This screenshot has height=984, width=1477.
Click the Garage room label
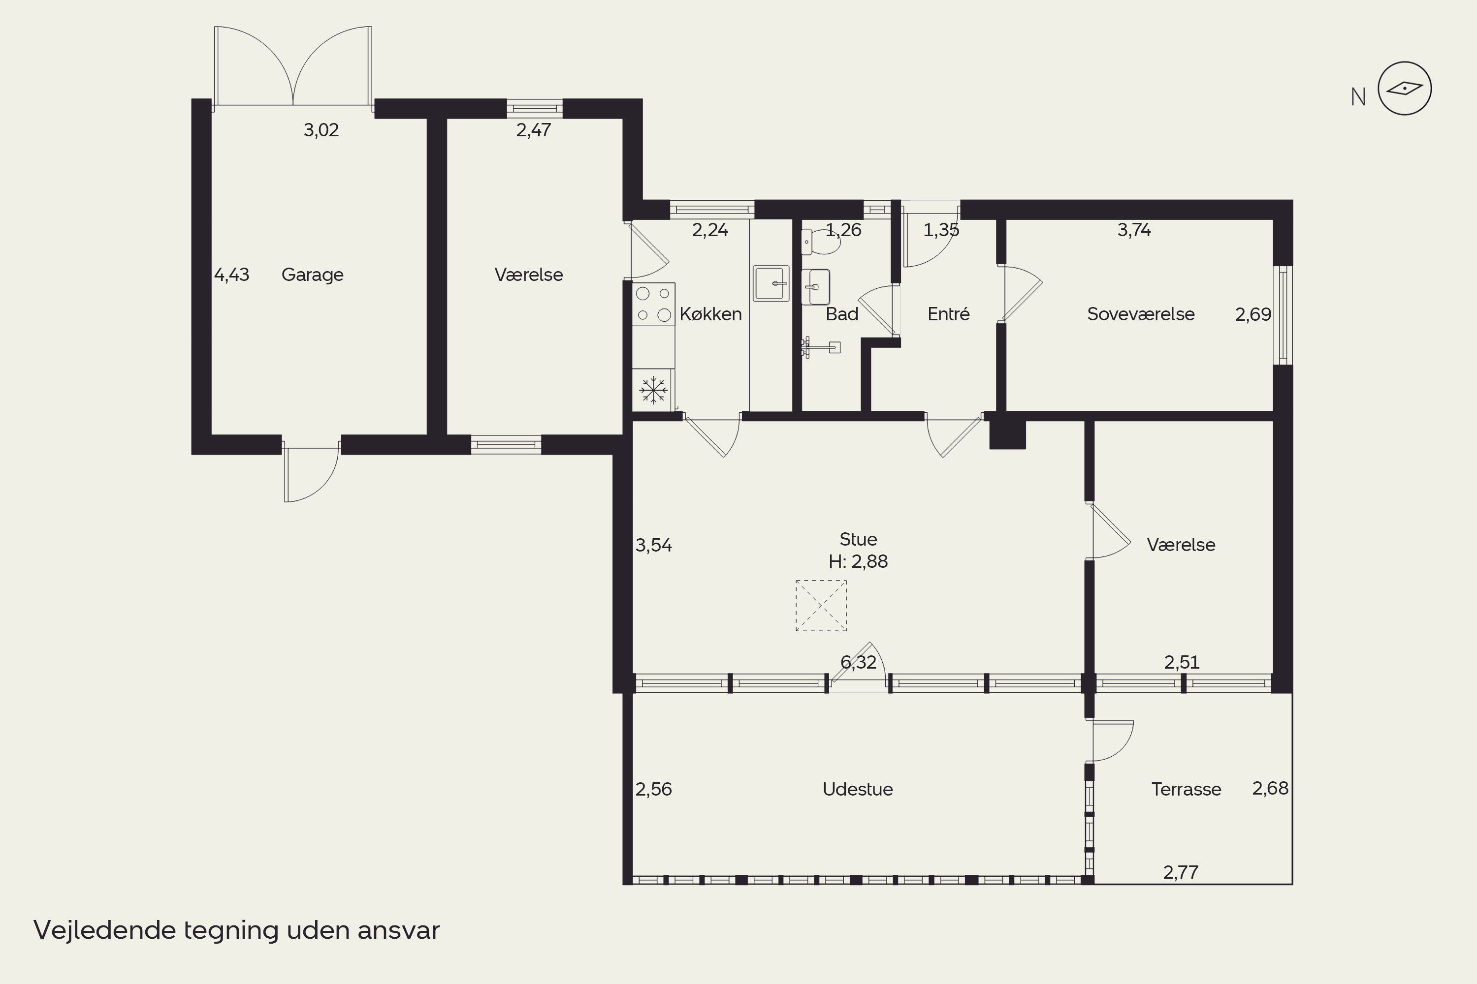[312, 275]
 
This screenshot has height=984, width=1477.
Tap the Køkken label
[710, 314]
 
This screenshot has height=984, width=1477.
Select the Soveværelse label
[1140, 314]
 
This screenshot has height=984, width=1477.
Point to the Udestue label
[857, 789]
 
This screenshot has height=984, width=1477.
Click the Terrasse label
[1186, 789]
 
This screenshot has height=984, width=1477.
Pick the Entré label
[948, 314]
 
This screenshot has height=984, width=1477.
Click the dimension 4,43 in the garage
[232, 275]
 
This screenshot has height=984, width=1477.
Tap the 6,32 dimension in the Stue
[858, 662]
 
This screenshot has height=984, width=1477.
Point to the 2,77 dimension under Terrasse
[1181, 872]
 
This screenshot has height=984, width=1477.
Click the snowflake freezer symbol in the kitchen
[653, 390]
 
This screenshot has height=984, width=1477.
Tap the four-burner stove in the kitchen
[653, 305]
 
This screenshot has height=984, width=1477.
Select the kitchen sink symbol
[771, 284]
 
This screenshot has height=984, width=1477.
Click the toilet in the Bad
[821, 242]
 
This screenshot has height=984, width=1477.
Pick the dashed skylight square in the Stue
[821, 606]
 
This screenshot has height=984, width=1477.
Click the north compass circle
[1405, 89]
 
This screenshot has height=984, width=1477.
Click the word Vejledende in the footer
[105, 930]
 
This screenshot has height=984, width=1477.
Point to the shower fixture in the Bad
[820, 347]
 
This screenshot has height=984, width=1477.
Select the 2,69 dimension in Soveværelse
[1253, 314]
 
